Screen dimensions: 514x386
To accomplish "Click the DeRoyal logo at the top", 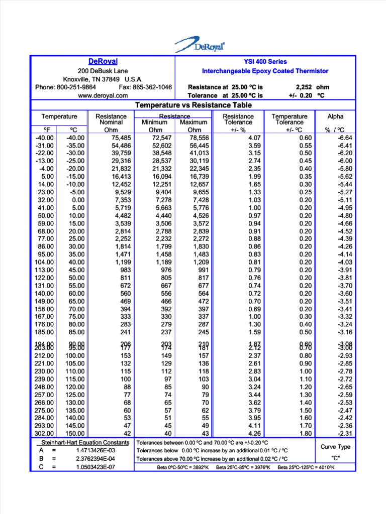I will click(200, 45).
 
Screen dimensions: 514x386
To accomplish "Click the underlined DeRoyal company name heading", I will click(103, 61).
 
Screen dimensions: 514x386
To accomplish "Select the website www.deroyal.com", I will click(103, 95).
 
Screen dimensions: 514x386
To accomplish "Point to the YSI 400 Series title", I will click(265, 61).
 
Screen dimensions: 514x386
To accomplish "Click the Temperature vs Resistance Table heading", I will click(194, 105).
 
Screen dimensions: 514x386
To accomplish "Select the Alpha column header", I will click(335, 116).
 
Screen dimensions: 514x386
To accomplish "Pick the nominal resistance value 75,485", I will click(118, 138).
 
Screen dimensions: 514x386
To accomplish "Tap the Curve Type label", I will click(335, 447).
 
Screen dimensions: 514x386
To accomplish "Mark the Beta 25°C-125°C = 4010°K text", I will click(306, 467).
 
